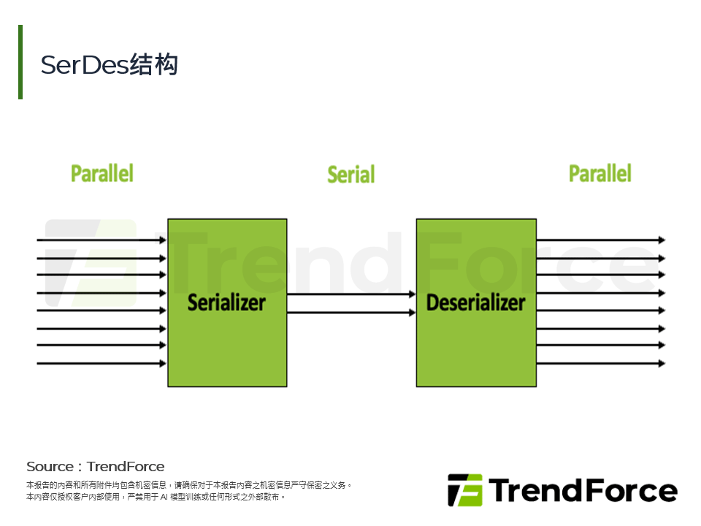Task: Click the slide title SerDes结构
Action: pyautogui.click(x=110, y=65)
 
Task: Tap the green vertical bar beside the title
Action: pyautogui.click(x=20, y=62)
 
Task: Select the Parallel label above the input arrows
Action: pyautogui.click(x=102, y=174)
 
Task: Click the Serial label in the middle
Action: pyautogui.click(x=350, y=175)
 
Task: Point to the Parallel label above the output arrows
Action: pyautogui.click(x=600, y=174)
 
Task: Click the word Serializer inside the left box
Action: pyautogui.click(x=226, y=302)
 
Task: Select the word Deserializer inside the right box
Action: pyautogui.click(x=475, y=302)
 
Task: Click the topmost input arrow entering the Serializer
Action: pyautogui.click(x=101, y=240)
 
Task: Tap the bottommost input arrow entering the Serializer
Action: pyautogui.click(x=101, y=363)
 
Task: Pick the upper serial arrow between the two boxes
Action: pyautogui.click(x=351, y=294)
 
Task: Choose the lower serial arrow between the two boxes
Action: pyautogui.click(x=351, y=313)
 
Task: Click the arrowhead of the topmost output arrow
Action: pyautogui.click(x=662, y=240)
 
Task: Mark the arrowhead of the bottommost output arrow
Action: pyautogui.click(x=662, y=363)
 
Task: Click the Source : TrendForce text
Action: pyautogui.click(x=96, y=467)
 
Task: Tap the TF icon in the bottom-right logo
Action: pyautogui.click(x=465, y=490)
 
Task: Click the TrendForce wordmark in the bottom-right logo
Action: pyautogui.click(x=583, y=490)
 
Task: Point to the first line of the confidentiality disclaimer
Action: pyautogui.click(x=189, y=485)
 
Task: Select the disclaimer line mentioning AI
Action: pyautogui.click(x=155, y=497)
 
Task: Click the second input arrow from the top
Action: pyautogui.click(x=101, y=258)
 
